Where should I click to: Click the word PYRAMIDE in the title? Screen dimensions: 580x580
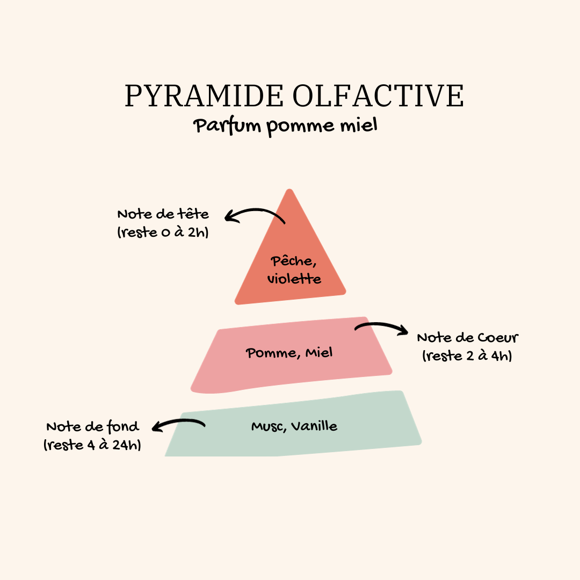204,96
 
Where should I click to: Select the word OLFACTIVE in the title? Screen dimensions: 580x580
378,96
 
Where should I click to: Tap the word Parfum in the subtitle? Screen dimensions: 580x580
227,126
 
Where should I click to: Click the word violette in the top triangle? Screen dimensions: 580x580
294,279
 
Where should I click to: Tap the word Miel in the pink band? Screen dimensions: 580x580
319,352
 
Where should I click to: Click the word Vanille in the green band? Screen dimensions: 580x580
314,426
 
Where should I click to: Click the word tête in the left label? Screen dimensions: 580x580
193,214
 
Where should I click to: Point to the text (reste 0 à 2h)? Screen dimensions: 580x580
163,232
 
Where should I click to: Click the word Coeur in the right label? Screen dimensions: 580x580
498,337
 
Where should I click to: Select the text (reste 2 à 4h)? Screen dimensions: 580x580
467,356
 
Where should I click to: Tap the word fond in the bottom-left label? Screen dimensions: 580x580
123,427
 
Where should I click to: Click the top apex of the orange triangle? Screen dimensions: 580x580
289,190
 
